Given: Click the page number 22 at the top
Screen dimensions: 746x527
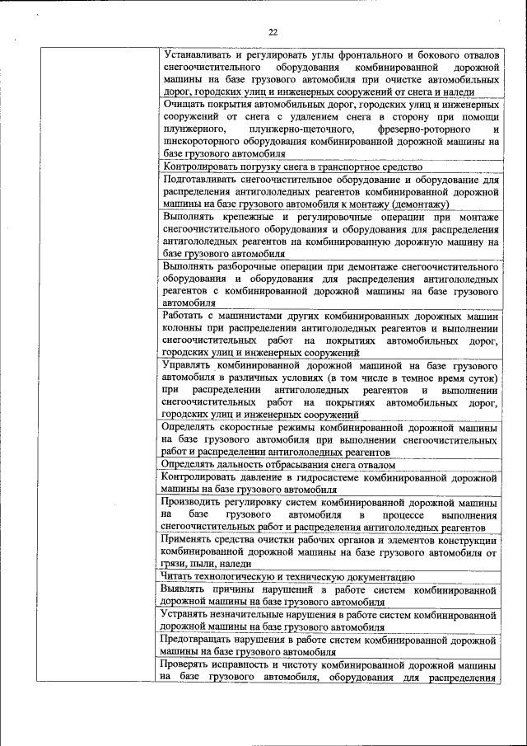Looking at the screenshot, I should (273, 32).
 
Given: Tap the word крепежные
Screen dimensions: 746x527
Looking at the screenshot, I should (250, 217).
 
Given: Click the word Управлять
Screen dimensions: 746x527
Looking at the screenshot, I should (191, 364).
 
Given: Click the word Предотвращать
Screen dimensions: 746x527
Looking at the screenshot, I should (201, 640).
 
